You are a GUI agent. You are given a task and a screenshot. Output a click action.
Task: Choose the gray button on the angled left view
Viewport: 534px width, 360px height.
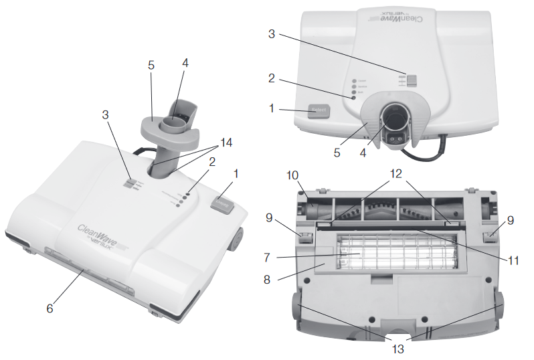click(x=222, y=205)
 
